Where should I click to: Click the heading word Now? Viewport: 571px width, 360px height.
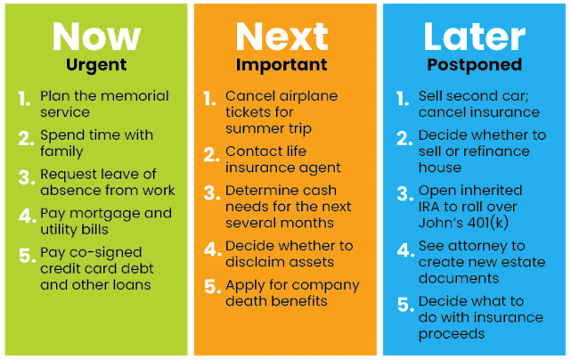point(96,37)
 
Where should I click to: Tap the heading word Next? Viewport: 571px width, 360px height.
point(281,37)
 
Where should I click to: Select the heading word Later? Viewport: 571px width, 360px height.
point(475,37)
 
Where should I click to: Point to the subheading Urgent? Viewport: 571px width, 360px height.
point(96,66)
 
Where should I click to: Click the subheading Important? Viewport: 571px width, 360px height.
point(281,65)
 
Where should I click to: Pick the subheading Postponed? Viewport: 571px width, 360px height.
point(475,65)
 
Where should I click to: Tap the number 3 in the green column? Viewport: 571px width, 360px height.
point(26,177)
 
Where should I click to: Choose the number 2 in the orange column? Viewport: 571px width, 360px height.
point(211,155)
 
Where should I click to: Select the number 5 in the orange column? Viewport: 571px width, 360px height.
point(212,286)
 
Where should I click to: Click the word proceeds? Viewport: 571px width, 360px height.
point(452,334)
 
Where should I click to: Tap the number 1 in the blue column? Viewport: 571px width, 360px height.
point(403,99)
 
